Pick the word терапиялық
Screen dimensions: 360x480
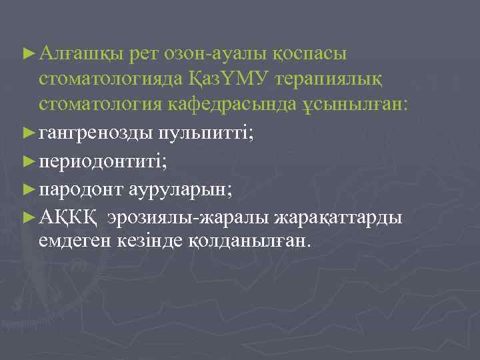click(x=345, y=79)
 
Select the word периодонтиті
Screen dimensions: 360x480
click(x=97, y=161)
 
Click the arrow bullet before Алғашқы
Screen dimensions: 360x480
click(x=28, y=52)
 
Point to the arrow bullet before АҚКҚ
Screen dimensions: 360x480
click(x=28, y=217)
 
